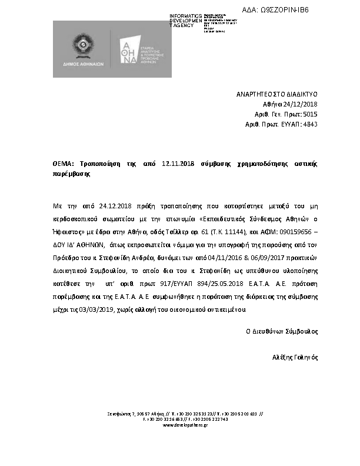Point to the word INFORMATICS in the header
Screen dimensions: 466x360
[x=185, y=15]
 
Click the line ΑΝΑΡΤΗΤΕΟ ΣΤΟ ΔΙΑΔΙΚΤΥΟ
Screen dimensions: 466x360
[x=276, y=94]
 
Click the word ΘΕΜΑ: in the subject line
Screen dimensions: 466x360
[x=64, y=163]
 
